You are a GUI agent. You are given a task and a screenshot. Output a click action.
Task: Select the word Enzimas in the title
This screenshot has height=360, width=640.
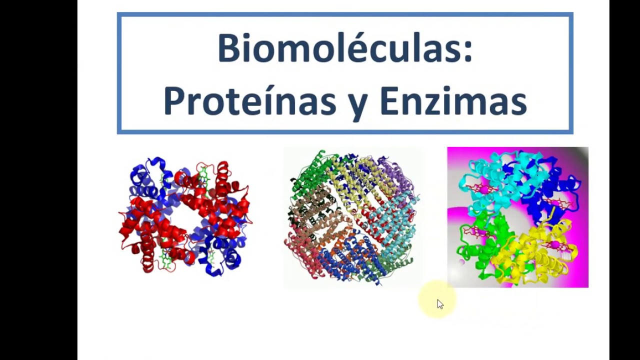pyautogui.click(x=453, y=101)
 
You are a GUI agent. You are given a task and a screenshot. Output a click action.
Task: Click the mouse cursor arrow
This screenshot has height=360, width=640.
pyautogui.click(x=439, y=304)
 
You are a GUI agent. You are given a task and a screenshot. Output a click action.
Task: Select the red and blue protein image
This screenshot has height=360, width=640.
pyautogui.click(x=185, y=217)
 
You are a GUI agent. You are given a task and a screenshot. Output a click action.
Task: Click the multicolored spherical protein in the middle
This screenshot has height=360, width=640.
pyautogui.click(x=352, y=217)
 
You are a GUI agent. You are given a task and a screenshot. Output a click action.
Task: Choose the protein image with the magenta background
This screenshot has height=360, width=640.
pyautogui.click(x=517, y=217)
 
